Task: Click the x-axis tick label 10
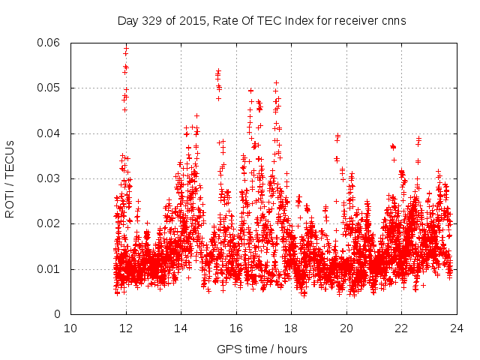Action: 70,328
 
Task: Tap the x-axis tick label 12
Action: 126,328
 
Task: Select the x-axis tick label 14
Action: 181,328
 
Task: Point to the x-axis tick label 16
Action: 236,328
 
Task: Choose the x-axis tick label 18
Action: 291,328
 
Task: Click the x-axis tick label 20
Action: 346,328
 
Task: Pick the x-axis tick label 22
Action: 401,328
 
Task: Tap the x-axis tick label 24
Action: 457,328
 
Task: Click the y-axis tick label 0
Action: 58,314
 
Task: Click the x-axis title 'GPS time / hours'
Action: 262,349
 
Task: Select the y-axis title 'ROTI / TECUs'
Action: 10,178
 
